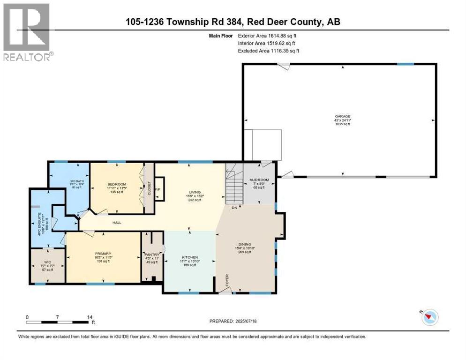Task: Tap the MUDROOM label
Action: (259, 180)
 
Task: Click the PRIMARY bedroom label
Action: (103, 254)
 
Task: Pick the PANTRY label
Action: (152, 255)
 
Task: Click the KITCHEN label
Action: (190, 257)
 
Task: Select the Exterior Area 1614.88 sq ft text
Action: (267, 35)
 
